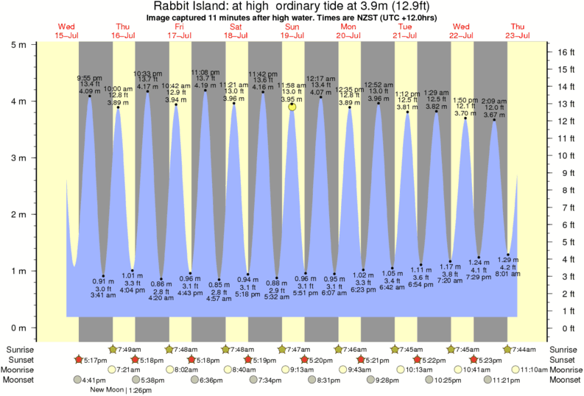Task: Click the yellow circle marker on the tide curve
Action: [292, 106]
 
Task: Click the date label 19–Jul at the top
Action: [292, 35]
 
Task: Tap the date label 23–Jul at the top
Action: [518, 35]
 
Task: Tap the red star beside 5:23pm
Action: [474, 360]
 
